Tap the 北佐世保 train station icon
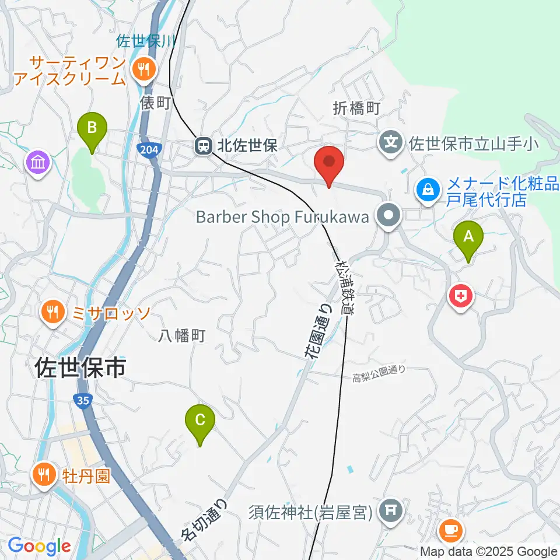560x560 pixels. (204, 146)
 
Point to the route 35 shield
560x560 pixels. (82, 400)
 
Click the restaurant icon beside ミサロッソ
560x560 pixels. (53, 311)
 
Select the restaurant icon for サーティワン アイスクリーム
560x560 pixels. (142, 69)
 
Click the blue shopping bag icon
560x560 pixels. (428, 190)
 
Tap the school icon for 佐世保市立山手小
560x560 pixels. (391, 142)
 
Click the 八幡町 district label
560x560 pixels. (183, 335)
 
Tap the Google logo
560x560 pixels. (39, 545)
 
